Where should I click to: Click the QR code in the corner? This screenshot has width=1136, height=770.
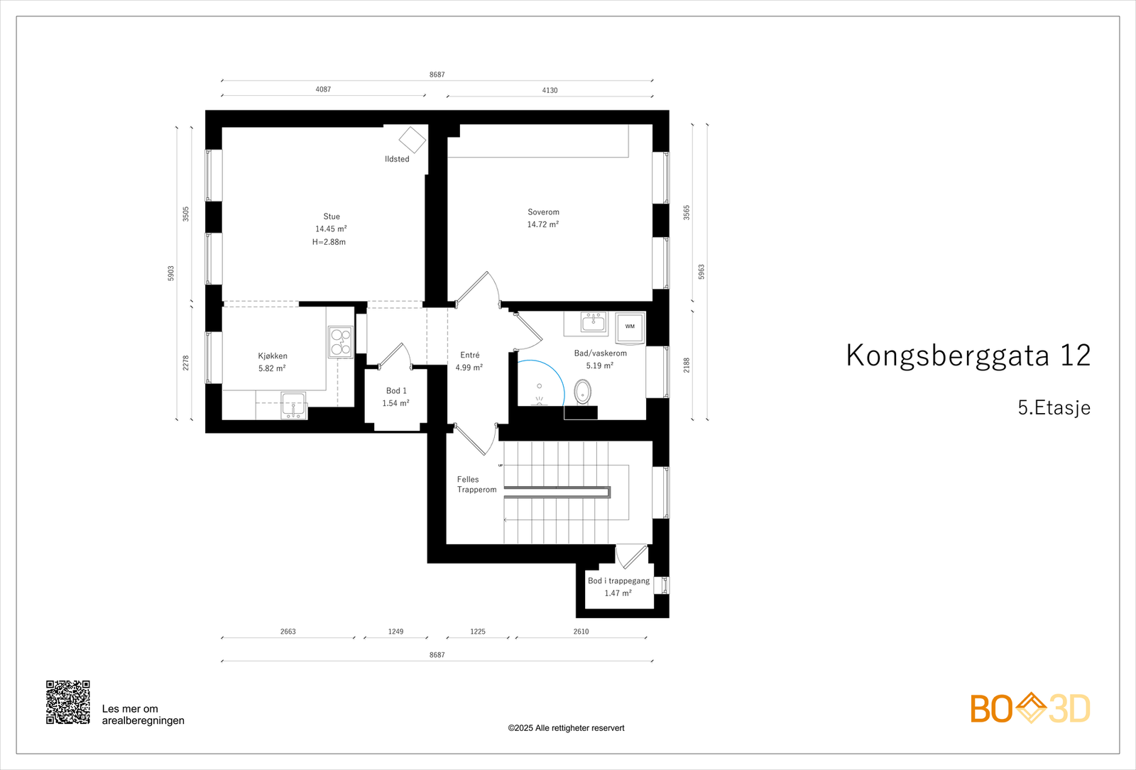[x=68, y=702]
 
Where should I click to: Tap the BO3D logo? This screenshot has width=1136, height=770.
[x=1030, y=708]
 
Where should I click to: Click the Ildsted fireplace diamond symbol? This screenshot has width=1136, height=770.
[x=412, y=140]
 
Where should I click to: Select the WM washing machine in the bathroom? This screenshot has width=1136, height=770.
[x=630, y=327]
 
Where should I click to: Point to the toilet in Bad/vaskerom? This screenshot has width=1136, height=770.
[x=582, y=391]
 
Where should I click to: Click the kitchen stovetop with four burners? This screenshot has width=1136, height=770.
[x=340, y=342]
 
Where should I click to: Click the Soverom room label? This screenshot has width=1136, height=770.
[x=543, y=212]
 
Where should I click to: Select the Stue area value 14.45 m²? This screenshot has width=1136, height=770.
[x=331, y=229]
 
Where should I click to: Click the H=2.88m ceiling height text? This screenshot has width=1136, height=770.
[x=329, y=242]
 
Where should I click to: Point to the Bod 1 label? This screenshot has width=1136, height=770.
[x=396, y=391]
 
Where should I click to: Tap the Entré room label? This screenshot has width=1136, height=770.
[x=469, y=356]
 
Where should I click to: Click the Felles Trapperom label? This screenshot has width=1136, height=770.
[x=476, y=485]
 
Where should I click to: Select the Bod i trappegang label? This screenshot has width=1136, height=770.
[x=618, y=581]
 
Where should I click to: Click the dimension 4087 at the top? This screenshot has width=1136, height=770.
[x=323, y=89]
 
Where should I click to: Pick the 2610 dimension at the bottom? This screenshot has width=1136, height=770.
[x=581, y=632]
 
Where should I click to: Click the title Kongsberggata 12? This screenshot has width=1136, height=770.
[x=968, y=356]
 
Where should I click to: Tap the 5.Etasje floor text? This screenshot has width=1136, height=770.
[x=1054, y=408]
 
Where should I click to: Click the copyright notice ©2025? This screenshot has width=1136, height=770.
[x=566, y=728]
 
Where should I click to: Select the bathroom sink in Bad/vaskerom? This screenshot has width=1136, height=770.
[x=593, y=324]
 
